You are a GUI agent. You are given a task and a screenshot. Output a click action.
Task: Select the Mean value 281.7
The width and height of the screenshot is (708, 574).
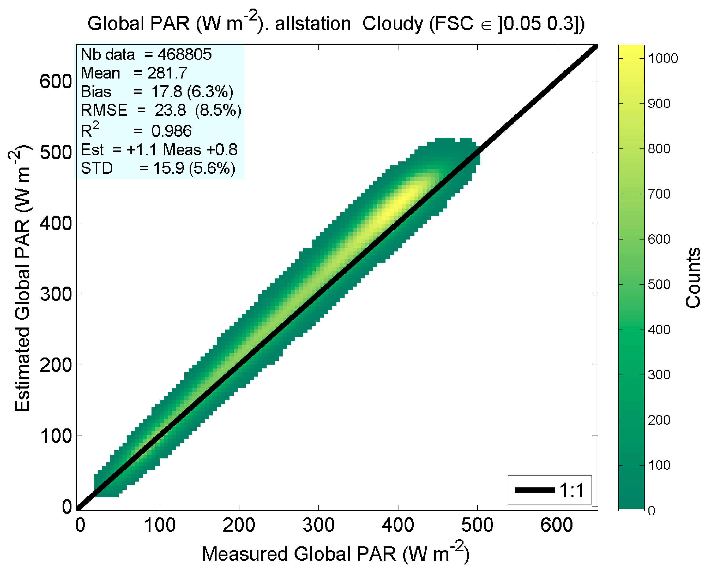pyautogui.click(x=167, y=73)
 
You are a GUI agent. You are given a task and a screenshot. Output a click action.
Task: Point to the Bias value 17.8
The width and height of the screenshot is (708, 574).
pyautogui.click(x=166, y=92)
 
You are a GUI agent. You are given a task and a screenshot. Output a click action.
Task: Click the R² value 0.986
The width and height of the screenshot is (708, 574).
pyautogui.click(x=171, y=131)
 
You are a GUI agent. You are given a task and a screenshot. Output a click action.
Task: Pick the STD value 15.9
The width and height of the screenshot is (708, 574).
pyautogui.click(x=169, y=168)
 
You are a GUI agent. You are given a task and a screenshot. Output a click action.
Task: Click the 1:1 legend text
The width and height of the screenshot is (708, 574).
pyautogui.click(x=572, y=490)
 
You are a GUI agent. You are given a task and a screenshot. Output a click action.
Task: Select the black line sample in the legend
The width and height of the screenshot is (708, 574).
pyautogui.click(x=535, y=490)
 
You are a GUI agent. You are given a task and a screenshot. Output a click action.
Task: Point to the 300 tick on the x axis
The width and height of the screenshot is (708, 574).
pyautogui.click(x=318, y=525)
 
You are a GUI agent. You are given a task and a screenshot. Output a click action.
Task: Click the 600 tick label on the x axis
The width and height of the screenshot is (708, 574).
pyautogui.click(x=557, y=525)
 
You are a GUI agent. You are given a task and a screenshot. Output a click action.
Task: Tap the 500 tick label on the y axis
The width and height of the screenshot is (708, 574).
pyautogui.click(x=56, y=152)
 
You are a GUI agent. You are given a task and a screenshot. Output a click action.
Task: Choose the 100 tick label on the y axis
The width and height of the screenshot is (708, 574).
pyautogui.click(x=56, y=436)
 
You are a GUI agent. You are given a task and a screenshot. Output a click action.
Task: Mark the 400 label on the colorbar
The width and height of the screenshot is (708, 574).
pyautogui.click(x=659, y=330)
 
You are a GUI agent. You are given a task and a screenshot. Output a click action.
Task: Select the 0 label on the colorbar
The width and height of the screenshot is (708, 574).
pyautogui.click(x=652, y=511)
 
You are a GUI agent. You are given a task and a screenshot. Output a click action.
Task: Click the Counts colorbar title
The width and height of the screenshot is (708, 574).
pyautogui.click(x=693, y=278)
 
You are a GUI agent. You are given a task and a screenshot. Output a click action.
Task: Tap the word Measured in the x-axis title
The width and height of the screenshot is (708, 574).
pyautogui.click(x=244, y=554)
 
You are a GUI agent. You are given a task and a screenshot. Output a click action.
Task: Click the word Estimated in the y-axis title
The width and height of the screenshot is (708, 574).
pyautogui.click(x=22, y=369)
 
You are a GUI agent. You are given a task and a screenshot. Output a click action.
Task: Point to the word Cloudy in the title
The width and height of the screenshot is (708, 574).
pyautogui.click(x=392, y=24)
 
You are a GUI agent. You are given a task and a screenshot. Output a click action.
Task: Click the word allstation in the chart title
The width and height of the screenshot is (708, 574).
pyautogui.click(x=313, y=24)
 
